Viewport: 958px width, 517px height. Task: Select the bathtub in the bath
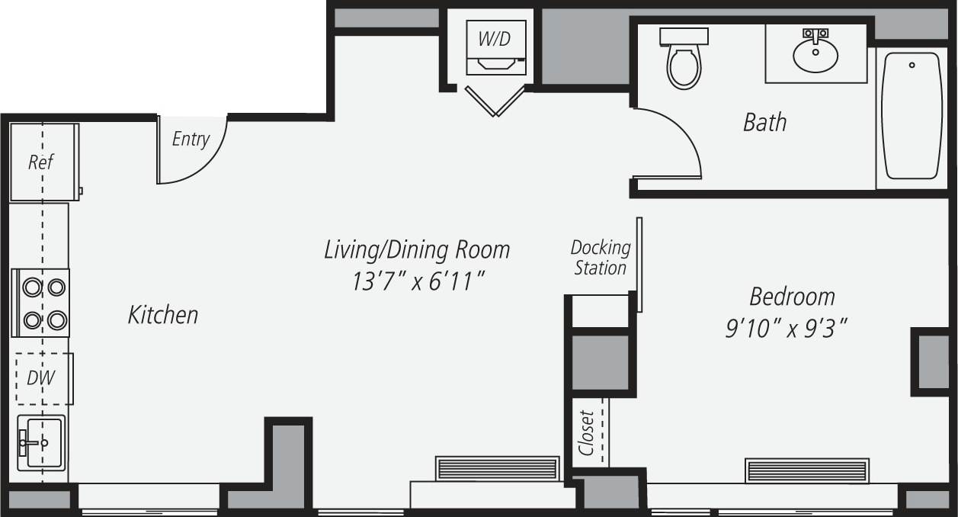coord(912,115)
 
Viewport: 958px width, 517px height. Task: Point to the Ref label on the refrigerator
coord(41,162)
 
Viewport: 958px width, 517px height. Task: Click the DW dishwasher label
coord(40,377)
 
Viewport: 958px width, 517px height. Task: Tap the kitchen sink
coord(41,443)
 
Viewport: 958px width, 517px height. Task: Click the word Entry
coord(191,139)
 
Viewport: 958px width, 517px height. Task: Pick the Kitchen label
coord(163,315)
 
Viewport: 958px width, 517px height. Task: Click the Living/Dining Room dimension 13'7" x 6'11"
coord(418,281)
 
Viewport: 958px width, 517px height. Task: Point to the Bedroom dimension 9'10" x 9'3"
coord(787,329)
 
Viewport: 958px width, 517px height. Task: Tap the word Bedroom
coord(792,296)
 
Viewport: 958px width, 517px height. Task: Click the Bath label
coord(764,122)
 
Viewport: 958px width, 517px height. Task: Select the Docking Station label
coord(601,258)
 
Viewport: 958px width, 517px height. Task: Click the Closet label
coord(586,433)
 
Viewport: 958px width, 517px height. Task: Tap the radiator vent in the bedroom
coord(807,470)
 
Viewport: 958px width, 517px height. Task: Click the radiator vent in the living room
coord(497,468)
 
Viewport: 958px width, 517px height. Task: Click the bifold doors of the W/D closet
coord(495,101)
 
